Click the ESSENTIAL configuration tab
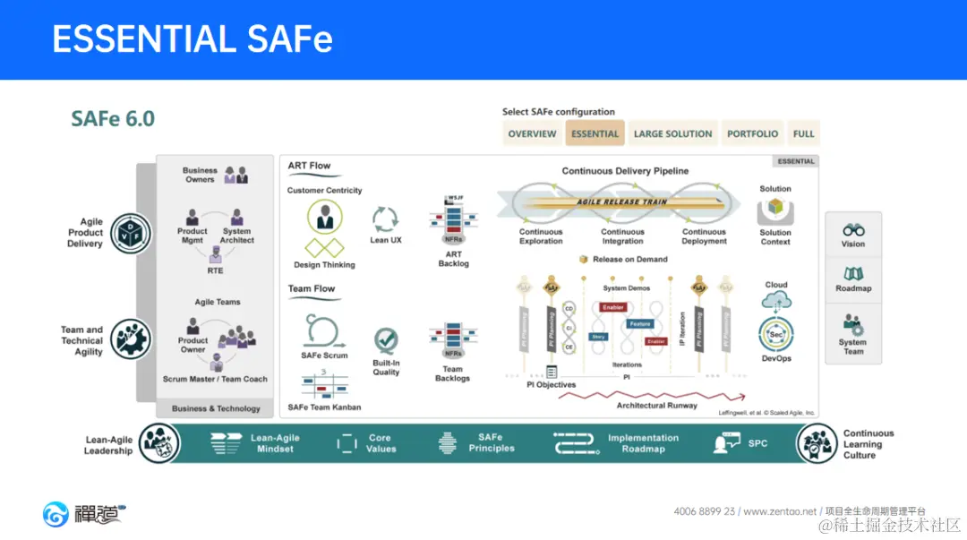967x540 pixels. [595, 134]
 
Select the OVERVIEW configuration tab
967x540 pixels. [532, 134]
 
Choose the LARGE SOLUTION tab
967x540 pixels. [672, 134]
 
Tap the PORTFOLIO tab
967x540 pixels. [752, 134]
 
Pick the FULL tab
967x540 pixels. [803, 134]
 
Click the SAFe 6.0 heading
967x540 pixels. [113, 119]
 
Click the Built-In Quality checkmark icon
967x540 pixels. [386, 341]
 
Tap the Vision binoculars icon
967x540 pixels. [853, 230]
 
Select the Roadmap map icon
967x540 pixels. [853, 274]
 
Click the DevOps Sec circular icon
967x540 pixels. [775, 334]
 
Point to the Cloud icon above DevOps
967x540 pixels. [776, 301]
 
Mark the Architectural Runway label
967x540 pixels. [656, 406]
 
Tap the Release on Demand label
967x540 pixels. [629, 260]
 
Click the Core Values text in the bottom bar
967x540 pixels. [381, 443]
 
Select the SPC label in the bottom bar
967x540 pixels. [757, 443]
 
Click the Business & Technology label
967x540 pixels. [216, 408]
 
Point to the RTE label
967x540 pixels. [215, 270]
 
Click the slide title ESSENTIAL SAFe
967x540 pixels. [193, 39]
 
